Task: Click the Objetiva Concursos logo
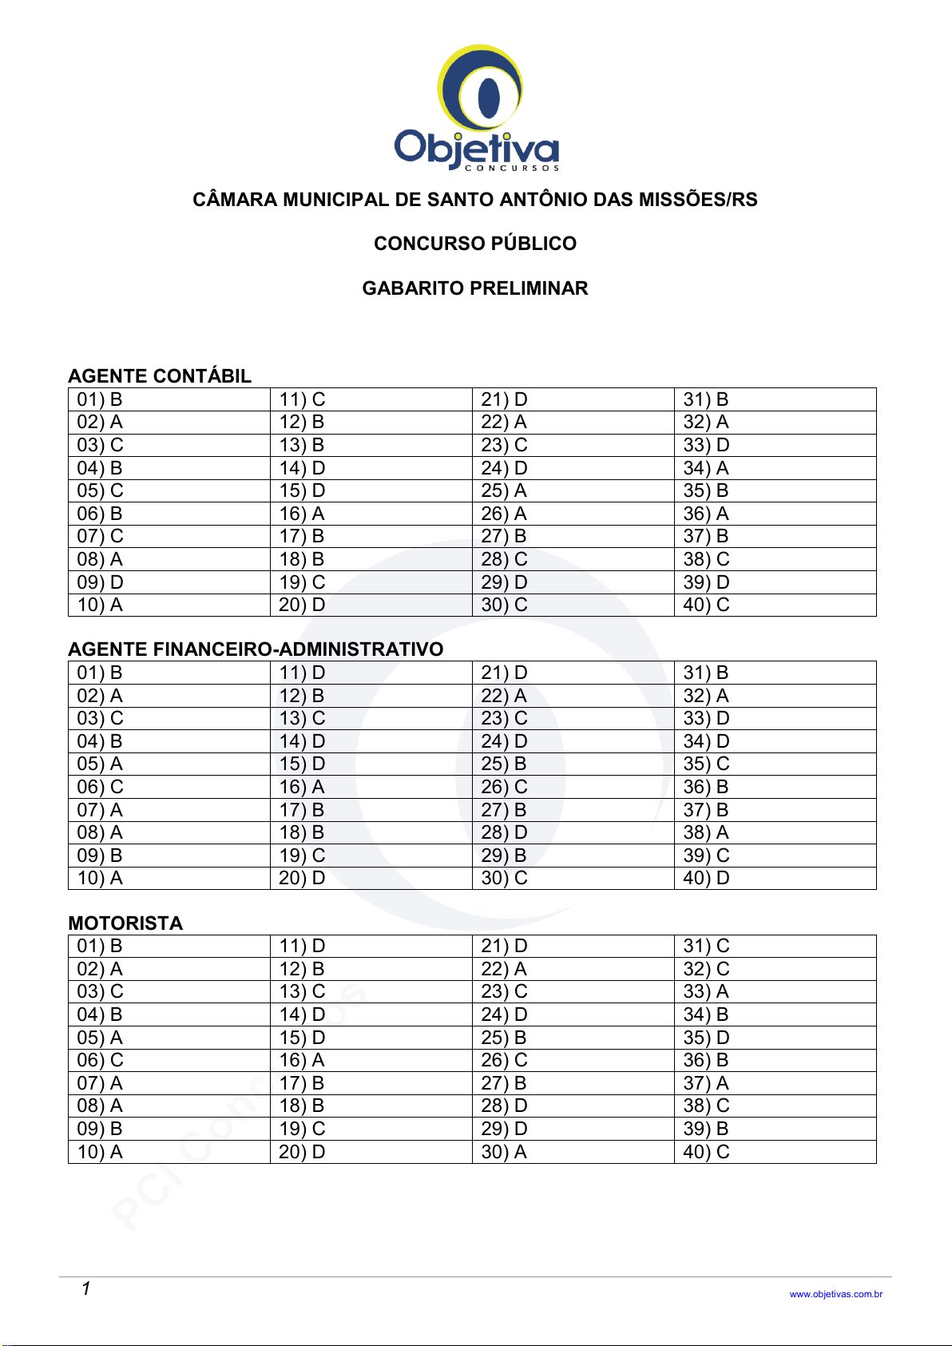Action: [477, 108]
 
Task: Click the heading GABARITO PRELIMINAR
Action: [475, 288]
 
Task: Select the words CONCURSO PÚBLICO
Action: [475, 244]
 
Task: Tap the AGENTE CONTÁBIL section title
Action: [160, 376]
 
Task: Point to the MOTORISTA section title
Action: [125, 923]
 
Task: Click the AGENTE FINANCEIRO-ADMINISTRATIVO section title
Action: [256, 649]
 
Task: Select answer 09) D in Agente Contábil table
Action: [101, 582]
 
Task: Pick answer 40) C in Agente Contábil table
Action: [706, 605]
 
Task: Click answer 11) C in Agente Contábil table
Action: [302, 399]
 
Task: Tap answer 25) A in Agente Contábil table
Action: [504, 490]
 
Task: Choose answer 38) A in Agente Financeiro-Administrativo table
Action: [706, 832]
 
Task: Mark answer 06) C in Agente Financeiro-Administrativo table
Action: [101, 787]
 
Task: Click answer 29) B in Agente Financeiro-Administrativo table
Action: [504, 856]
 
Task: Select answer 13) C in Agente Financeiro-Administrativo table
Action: [302, 718]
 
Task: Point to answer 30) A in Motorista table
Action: [504, 1152]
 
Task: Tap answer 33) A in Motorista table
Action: [706, 991]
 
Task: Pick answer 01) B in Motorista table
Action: [100, 946]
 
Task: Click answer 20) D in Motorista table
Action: [302, 1152]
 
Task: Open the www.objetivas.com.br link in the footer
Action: [835, 1294]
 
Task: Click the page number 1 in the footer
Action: [85, 1288]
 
